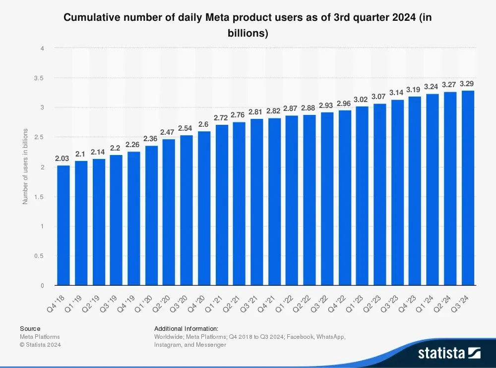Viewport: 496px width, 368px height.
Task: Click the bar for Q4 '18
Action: coord(63,225)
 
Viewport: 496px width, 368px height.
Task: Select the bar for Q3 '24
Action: coord(468,188)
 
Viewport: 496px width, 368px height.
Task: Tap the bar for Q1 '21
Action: coord(222,205)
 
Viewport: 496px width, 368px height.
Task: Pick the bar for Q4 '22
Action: coord(345,198)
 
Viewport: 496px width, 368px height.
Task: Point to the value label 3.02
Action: coord(362,100)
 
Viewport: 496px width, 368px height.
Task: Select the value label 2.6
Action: coord(204,124)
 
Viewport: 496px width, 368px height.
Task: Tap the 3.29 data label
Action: coord(468,83)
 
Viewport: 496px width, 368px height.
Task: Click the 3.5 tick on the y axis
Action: coord(39,78)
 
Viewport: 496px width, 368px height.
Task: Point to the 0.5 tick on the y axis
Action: coord(39,256)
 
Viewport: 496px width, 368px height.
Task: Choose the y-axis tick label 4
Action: coord(43,49)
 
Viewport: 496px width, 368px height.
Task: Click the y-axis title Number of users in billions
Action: coord(25,166)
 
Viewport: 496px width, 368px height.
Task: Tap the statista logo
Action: coord(449,353)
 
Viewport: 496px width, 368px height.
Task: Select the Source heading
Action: coord(30,328)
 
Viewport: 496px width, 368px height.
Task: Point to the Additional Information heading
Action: coord(186,328)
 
